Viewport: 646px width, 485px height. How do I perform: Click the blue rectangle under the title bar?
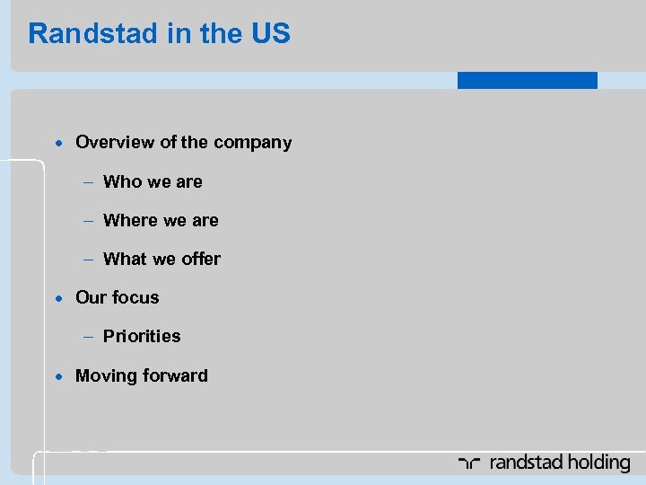coord(527,81)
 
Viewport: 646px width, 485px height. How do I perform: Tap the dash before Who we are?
coord(90,182)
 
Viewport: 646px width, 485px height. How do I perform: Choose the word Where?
coord(130,220)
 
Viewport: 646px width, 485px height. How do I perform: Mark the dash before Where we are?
coord(90,221)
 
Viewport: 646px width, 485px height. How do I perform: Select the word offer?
coord(200,259)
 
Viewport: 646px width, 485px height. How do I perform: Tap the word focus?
coord(135,297)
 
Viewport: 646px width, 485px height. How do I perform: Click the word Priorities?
coord(142,336)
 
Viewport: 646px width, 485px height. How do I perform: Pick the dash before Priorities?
coord(90,337)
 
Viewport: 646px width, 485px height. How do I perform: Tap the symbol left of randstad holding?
coord(470,463)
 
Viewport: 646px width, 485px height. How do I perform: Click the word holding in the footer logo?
coord(598,463)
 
